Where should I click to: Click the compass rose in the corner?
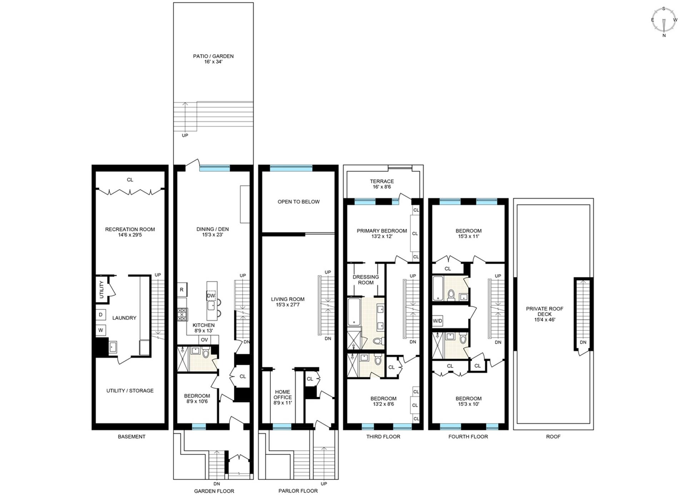664,21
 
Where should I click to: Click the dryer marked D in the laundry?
101,315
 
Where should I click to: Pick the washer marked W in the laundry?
101,330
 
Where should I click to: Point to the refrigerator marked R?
182,290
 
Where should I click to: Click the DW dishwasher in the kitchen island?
211,296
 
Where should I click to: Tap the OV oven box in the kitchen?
204,340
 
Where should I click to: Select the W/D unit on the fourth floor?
437,321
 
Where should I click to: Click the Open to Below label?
299,202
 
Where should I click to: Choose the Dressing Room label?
366,280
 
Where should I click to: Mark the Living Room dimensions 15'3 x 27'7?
288,305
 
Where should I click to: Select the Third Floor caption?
383,437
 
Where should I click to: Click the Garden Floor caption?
214,491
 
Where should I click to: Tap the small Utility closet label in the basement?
101,290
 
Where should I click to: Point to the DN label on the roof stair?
583,342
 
